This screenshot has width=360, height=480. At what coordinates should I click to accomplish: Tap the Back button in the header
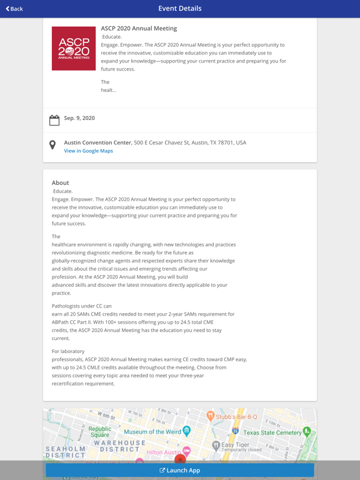click(14, 9)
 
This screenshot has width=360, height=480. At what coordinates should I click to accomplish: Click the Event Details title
click(180, 9)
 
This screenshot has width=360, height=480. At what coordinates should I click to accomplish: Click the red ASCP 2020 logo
click(74, 48)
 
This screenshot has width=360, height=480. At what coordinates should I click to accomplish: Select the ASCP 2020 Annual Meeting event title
click(139, 28)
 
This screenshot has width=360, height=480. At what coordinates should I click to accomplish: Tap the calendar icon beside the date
click(54, 120)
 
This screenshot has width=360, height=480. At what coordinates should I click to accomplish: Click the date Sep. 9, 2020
click(79, 118)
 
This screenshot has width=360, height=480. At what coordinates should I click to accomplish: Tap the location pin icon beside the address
click(52, 145)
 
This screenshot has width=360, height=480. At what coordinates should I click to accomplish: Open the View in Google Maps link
click(88, 151)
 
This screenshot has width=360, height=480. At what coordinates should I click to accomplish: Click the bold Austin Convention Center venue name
click(97, 142)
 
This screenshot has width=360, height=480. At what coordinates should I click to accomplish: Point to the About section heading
click(61, 183)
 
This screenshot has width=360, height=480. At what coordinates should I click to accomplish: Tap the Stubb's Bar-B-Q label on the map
click(236, 417)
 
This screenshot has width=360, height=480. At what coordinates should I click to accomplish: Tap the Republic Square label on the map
click(99, 432)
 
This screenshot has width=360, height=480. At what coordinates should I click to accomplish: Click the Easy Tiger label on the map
click(235, 445)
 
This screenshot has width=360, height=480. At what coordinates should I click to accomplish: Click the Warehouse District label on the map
click(117, 446)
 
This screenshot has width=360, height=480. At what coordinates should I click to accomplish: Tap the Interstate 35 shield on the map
click(235, 431)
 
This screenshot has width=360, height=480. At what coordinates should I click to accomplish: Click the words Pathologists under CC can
click(82, 306)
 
